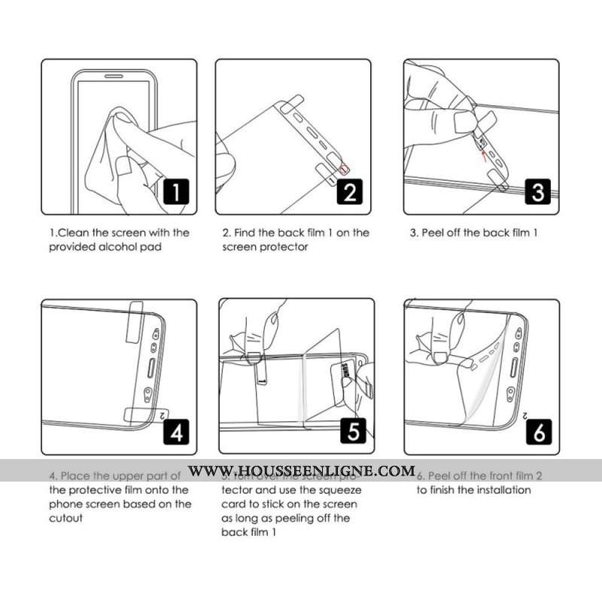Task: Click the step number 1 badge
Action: click(175, 193)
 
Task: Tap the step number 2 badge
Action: click(350, 193)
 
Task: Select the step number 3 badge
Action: click(537, 193)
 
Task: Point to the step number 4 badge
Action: click(175, 433)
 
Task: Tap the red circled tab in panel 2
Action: click(344, 169)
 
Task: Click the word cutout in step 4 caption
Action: click(66, 518)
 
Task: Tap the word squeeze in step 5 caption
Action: click(340, 490)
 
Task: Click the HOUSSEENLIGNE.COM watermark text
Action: click(301, 471)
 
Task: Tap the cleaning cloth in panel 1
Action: click(105, 150)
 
